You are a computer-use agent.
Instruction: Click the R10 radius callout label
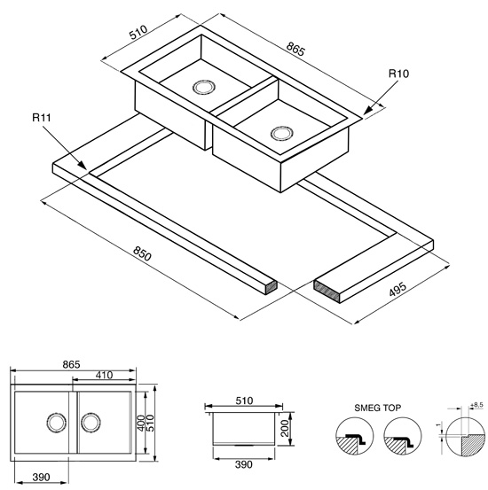tap(398, 74)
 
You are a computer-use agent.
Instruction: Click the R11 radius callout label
tap(42, 118)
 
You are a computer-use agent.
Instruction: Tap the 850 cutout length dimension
tap(142, 253)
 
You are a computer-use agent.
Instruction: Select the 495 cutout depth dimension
tap(397, 289)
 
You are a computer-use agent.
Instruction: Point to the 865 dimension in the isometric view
tap(295, 49)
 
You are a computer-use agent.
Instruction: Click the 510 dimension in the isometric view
tap(138, 32)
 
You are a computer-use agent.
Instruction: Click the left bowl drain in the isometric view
tap(204, 87)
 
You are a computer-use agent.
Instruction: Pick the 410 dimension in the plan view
tap(104, 375)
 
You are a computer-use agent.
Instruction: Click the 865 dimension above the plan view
tap(71, 364)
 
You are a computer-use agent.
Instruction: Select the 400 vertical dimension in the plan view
tap(141, 423)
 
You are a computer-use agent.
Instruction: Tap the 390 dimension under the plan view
tap(41, 478)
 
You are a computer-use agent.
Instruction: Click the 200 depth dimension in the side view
tap(284, 429)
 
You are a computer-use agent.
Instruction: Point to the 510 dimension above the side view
tap(243, 401)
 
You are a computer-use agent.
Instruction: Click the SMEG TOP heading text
tap(377, 408)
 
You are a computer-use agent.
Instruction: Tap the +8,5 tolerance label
tap(476, 405)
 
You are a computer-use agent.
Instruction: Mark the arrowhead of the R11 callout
tap(82, 165)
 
